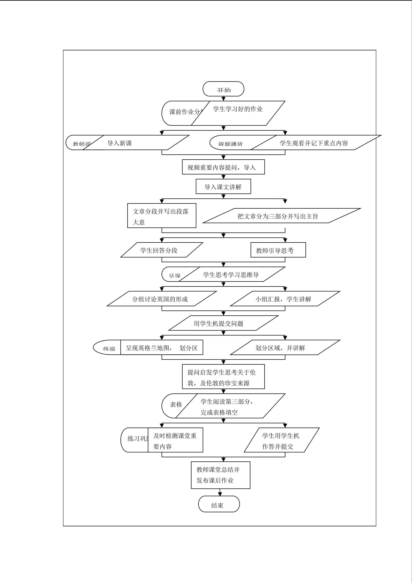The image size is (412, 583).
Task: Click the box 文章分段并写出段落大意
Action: coord(162,216)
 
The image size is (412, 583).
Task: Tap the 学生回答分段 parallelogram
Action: coord(162,250)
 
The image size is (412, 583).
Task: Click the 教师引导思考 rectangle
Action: coord(278,250)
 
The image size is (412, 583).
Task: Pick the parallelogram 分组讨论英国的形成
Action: coord(162,299)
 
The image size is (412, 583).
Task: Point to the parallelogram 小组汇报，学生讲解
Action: coord(285,299)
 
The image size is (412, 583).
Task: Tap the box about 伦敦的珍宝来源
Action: coord(223,377)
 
